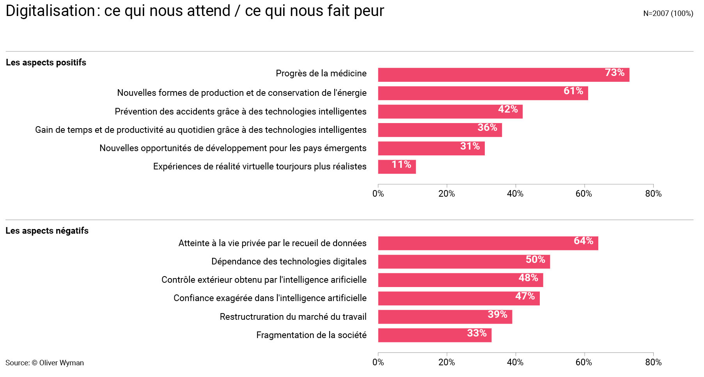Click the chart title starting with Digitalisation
click(195, 11)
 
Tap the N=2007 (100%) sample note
click(668, 14)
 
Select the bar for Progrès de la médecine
click(503, 75)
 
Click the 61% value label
click(573, 91)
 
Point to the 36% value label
click(487, 128)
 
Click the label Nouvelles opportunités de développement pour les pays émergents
click(233, 148)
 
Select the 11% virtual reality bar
click(397, 167)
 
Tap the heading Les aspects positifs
click(46, 63)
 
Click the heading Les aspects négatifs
click(47, 231)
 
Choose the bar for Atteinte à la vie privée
click(488, 243)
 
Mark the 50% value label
click(535, 260)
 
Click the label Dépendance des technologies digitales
click(289, 262)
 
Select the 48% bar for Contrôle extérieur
click(460, 280)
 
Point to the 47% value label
click(525, 296)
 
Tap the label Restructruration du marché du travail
click(293, 317)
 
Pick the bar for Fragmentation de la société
click(434, 335)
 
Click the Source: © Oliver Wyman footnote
click(44, 363)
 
